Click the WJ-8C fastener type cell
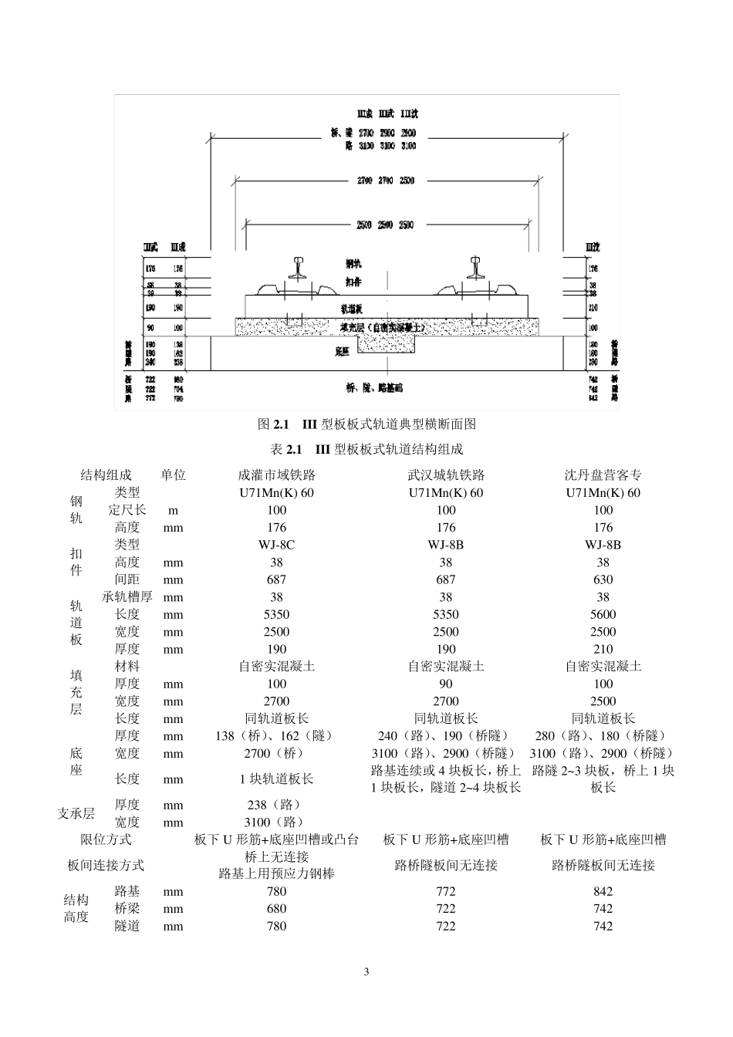pos(276,545)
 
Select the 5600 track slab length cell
pos(603,614)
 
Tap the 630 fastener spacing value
pos(603,579)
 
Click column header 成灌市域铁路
pos(276,475)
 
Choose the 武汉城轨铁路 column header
pos(445,475)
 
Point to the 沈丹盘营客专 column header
pos(603,475)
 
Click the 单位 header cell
pos(173,475)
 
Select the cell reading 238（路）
pos(276,805)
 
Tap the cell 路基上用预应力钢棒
pos(276,873)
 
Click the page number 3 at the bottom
pos(366,971)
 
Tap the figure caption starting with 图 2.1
pos(366,424)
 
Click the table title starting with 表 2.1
pos(366,449)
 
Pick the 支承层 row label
pos(76,813)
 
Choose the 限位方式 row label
pos(106,839)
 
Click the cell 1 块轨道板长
pos(276,779)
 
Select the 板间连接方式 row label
pos(106,865)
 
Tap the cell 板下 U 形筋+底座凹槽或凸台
pos(276,839)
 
